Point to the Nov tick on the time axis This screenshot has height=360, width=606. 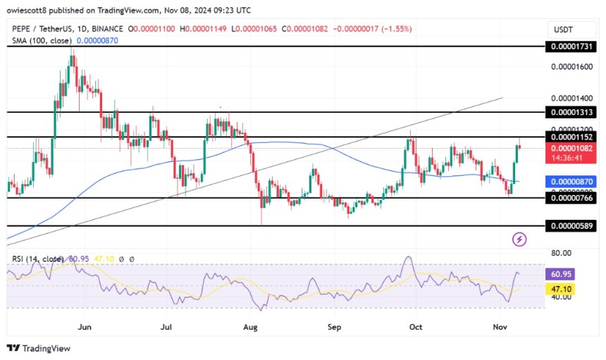[x=500, y=327]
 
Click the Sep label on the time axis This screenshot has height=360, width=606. [x=335, y=327]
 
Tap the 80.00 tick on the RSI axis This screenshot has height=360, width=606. [x=561, y=253]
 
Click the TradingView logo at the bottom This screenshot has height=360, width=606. [x=39, y=348]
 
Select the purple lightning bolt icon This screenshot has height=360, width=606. [x=519, y=240]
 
